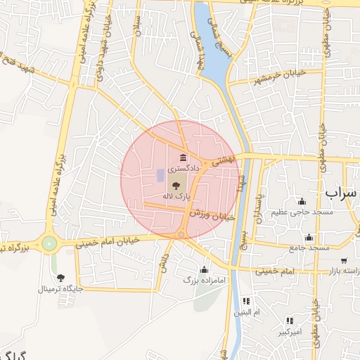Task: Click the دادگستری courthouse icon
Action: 184,157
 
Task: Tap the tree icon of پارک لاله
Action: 175,185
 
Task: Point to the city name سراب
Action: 342,191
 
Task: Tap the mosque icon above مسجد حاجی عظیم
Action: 302,201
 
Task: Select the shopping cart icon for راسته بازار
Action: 344,261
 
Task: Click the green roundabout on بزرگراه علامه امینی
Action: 49,243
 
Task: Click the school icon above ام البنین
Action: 246,301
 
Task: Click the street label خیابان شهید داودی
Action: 105,46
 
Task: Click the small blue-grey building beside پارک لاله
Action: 160,174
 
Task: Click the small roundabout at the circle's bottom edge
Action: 181,234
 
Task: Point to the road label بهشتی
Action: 226,160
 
